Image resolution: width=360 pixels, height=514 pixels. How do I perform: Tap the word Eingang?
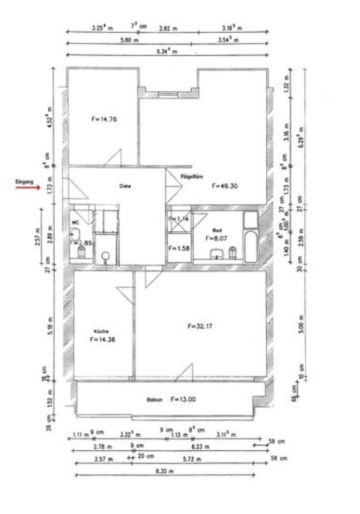[x=24, y=183]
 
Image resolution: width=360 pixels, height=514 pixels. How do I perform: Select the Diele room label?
[x=125, y=186]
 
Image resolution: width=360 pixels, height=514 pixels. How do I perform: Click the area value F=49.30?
[x=224, y=186]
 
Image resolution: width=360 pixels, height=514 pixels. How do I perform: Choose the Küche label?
[x=101, y=331]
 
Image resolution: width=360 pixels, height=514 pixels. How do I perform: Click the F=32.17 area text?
[x=200, y=326]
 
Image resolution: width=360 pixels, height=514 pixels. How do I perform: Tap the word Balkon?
[x=154, y=400]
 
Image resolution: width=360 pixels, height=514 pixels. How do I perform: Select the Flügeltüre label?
[x=191, y=176]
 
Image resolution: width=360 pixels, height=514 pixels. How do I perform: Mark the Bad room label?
[x=217, y=229]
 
